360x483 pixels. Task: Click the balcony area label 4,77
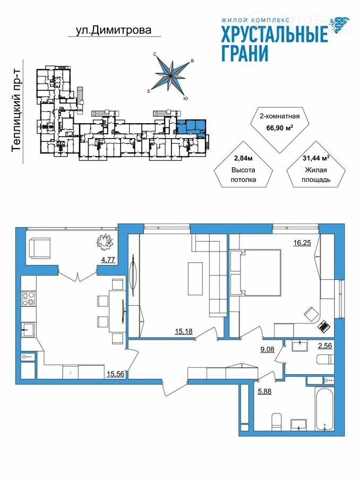click(108, 260)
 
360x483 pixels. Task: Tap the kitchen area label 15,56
click(115, 374)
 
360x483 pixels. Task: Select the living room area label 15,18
click(183, 331)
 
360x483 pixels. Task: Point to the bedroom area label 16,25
click(302, 243)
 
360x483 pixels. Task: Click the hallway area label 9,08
click(267, 349)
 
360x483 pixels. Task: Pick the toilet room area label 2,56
click(325, 346)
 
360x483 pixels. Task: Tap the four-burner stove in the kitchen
click(28, 299)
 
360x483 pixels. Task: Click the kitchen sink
click(28, 330)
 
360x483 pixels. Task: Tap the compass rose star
click(171, 75)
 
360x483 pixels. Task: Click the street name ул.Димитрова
click(114, 30)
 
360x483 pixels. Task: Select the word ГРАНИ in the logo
click(245, 53)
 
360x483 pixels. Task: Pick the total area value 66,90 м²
click(279, 127)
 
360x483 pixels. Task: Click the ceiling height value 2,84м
click(243, 159)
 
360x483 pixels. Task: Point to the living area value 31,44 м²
click(316, 159)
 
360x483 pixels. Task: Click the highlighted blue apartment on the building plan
click(191, 127)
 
